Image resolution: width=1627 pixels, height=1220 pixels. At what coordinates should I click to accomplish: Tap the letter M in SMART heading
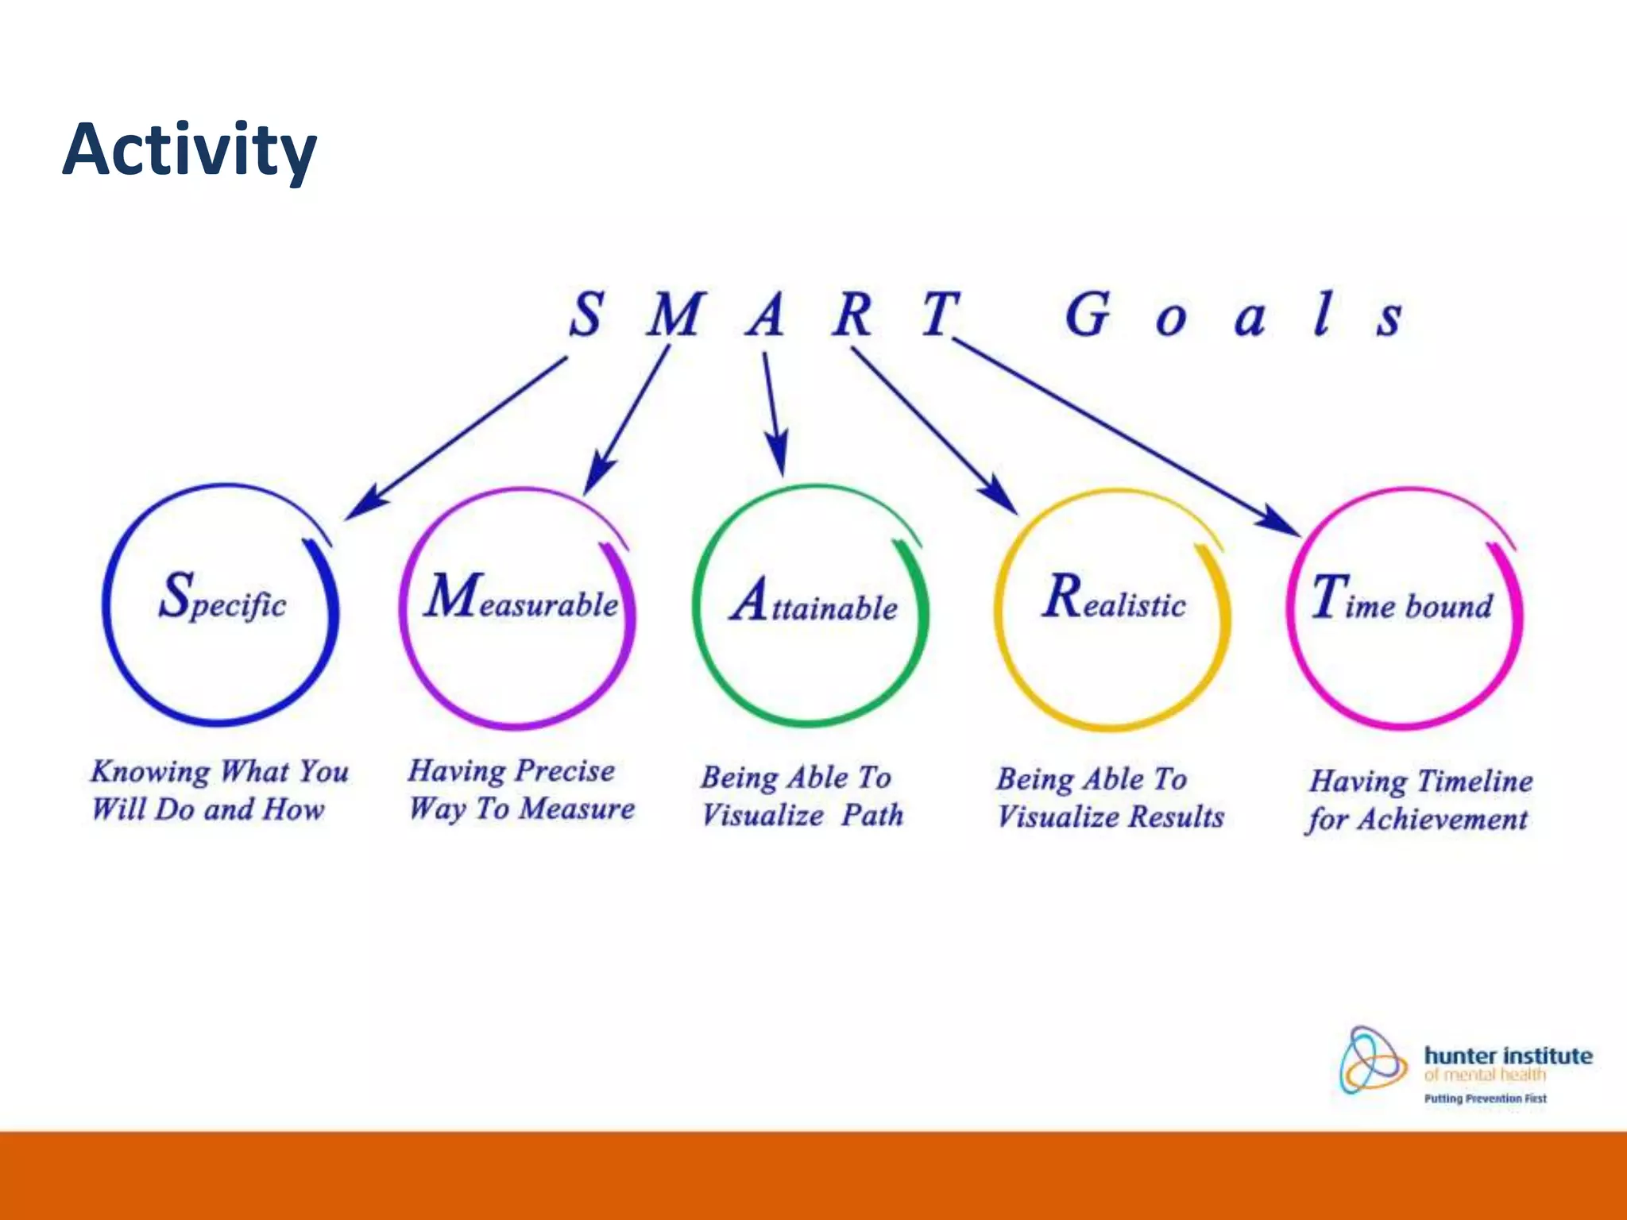[674, 315]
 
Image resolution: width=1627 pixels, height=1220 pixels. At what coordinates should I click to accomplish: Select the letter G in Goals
[1086, 315]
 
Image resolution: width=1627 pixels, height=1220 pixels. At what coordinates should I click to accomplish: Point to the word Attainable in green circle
[814, 603]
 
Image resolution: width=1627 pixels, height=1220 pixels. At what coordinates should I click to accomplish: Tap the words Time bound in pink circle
[1402, 600]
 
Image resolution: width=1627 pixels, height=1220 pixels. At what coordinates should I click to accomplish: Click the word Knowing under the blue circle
[150, 773]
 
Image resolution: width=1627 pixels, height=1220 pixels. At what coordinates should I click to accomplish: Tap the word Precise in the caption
[565, 771]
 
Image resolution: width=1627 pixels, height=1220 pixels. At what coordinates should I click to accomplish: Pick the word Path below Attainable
[872, 815]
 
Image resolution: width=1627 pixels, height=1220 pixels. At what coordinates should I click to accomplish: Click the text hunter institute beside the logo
[1508, 1056]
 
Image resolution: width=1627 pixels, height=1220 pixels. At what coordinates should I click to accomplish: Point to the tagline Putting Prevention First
[1485, 1098]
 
